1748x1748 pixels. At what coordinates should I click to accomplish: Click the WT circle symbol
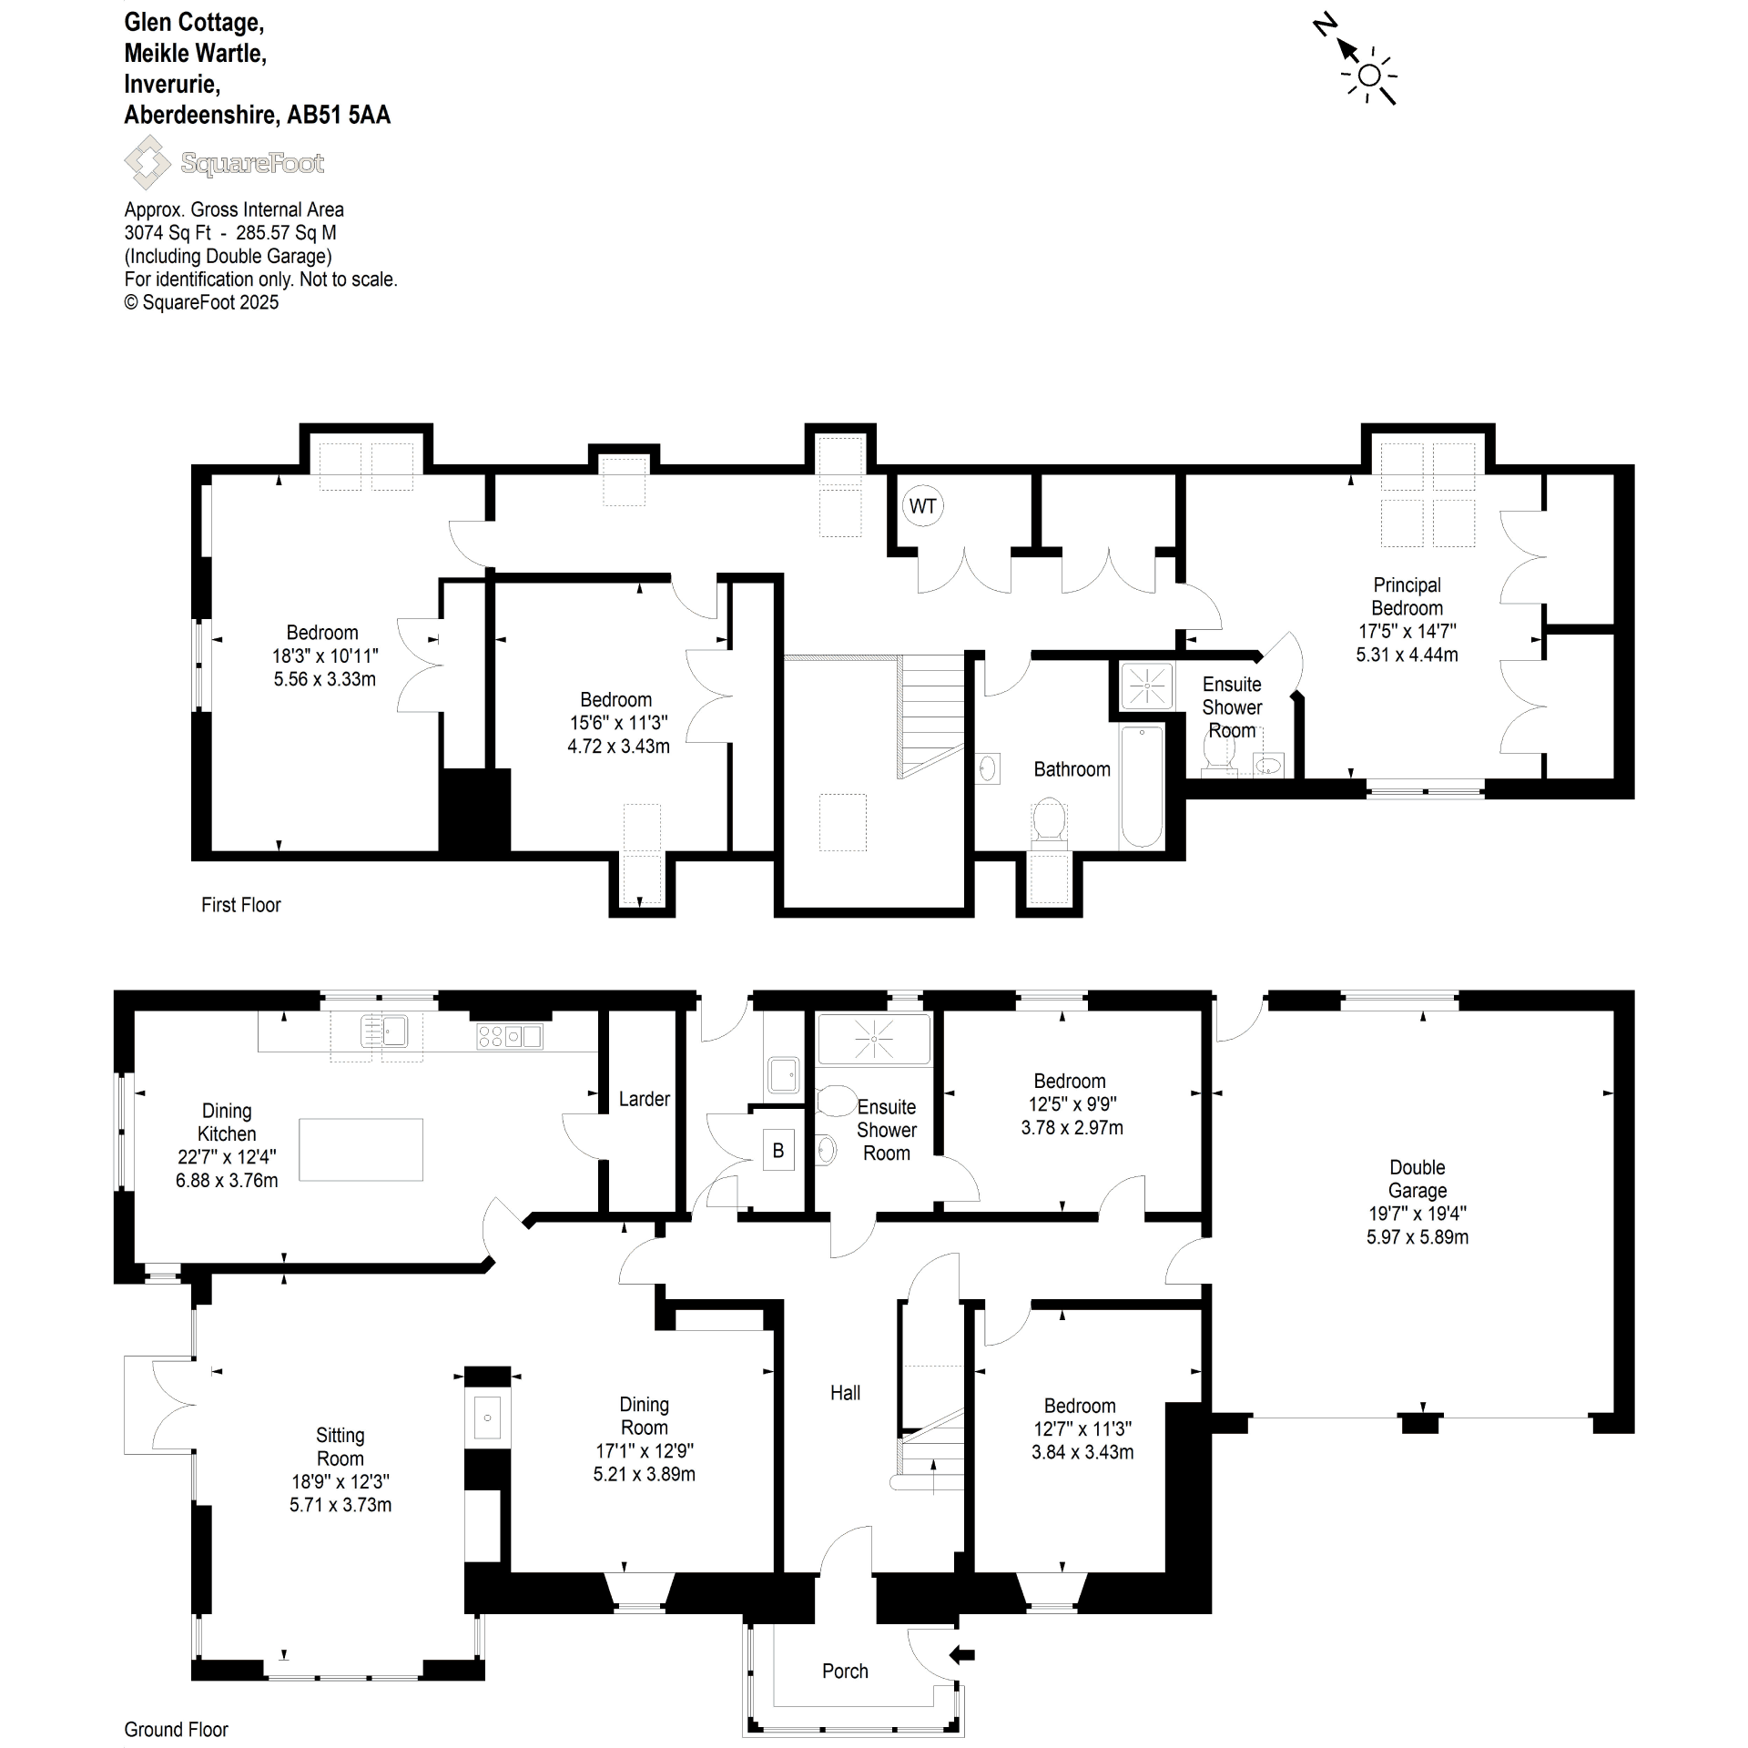[x=922, y=505]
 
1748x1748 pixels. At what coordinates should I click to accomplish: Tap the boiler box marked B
[x=778, y=1150]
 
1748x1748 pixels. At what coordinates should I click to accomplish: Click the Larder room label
[x=645, y=1099]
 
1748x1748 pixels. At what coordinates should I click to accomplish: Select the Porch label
[x=845, y=1671]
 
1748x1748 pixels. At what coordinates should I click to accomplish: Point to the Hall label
[x=845, y=1392]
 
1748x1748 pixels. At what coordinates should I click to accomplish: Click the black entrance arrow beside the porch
[x=962, y=1654]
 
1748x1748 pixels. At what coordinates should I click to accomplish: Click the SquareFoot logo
[x=224, y=162]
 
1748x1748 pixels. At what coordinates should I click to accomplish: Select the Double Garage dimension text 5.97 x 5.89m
[x=1418, y=1236]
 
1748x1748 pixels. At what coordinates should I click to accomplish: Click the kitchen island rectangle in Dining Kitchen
[x=361, y=1149]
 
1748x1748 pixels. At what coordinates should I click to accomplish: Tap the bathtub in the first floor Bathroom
[x=1142, y=787]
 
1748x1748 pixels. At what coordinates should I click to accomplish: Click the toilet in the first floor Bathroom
[x=1049, y=823]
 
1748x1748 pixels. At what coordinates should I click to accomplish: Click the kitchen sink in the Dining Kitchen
[x=384, y=1032]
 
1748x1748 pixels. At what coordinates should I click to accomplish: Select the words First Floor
[x=240, y=904]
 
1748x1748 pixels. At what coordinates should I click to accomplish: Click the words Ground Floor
[x=176, y=1729]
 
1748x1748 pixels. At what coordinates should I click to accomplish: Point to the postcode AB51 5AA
[x=339, y=115]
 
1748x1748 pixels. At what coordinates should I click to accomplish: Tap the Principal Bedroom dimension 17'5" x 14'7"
[x=1407, y=630]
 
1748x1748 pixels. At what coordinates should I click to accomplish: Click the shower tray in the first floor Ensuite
[x=1146, y=686]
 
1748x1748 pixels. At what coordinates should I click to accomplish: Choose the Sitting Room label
[x=340, y=1447]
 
